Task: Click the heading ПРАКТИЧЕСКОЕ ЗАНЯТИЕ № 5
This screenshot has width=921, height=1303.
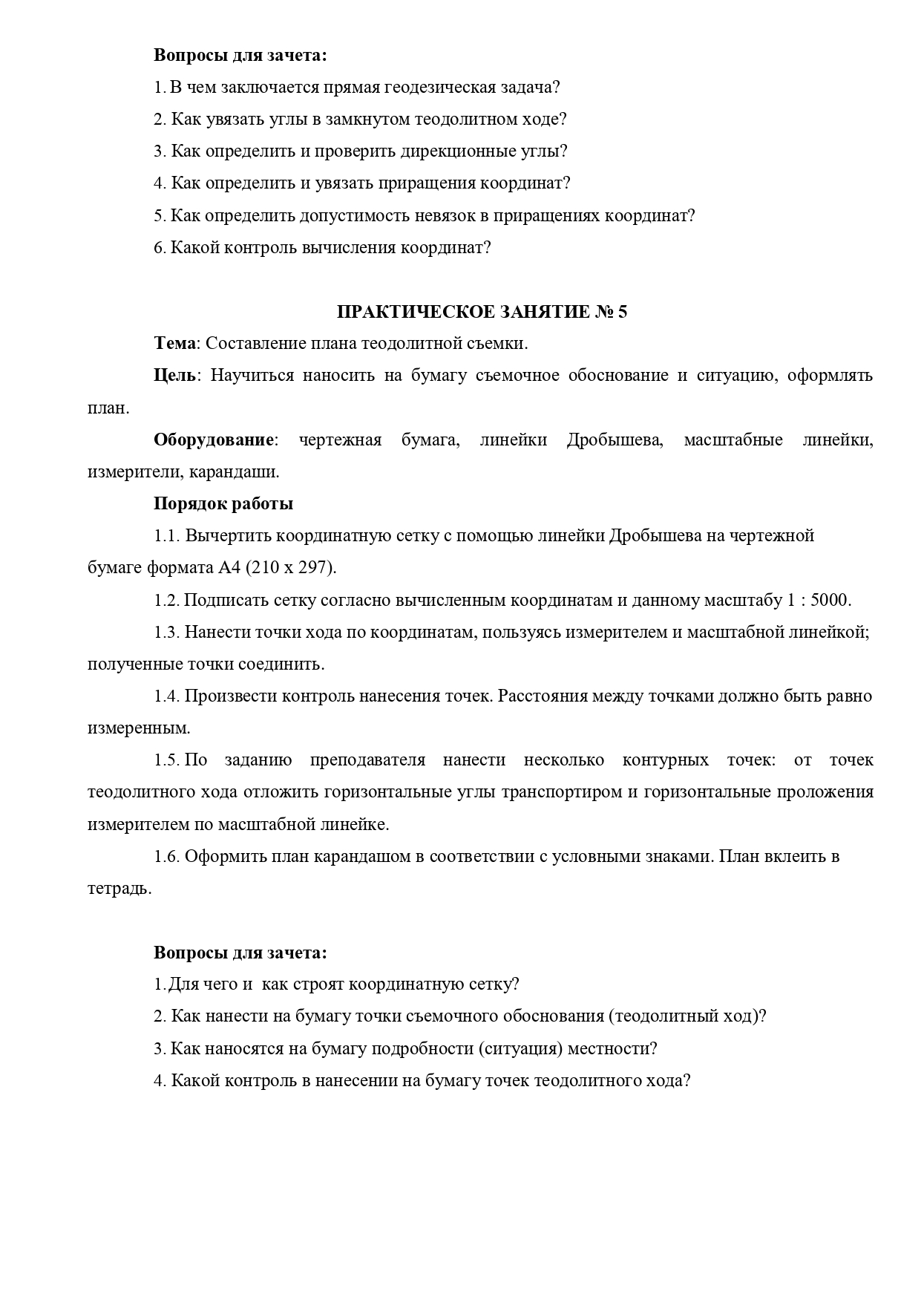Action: pyautogui.click(x=482, y=312)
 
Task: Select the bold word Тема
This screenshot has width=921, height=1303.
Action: pyautogui.click(x=176, y=344)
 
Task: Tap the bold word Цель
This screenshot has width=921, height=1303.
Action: pyautogui.click(x=175, y=376)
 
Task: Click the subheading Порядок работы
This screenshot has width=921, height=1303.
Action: pyautogui.click(x=223, y=504)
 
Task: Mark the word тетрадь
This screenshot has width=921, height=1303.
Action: pyautogui.click(x=118, y=889)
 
